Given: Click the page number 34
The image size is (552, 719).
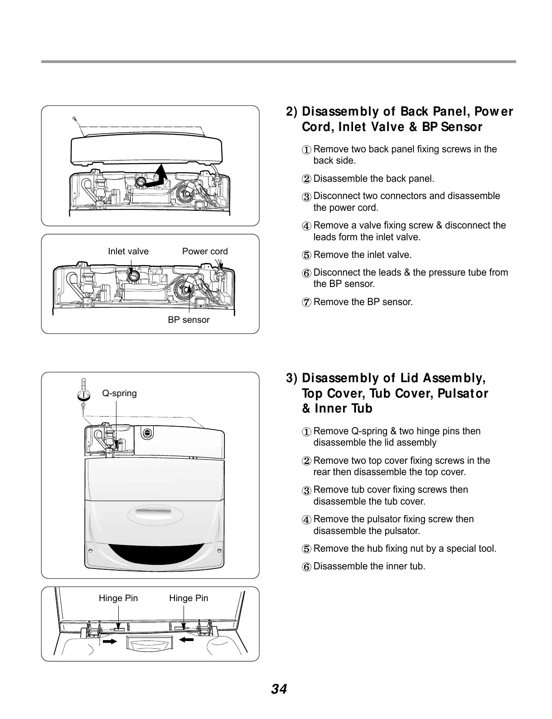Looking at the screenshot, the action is point(279,689).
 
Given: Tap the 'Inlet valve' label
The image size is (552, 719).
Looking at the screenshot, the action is point(128,252).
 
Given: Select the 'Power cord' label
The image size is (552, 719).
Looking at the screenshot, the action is point(205,252).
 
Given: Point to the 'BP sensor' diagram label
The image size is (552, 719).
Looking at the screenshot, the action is point(189,320).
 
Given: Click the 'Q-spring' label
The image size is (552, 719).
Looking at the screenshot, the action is point(119,393).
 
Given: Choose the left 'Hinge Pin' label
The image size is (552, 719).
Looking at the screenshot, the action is point(118,598).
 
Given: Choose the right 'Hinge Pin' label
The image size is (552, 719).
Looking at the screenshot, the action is point(189,598).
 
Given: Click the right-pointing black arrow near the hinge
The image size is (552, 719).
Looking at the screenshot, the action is point(110,641).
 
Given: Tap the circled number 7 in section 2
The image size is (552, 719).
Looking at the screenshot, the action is point(307,302).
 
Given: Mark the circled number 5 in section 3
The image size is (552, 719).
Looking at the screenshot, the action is point(307,549).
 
